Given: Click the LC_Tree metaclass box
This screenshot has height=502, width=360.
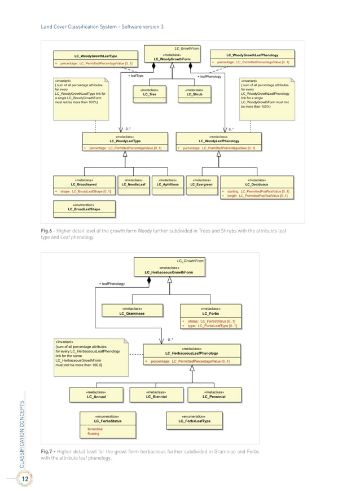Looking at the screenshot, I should (x=150, y=93).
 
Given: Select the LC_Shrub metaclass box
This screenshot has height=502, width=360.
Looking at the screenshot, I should (x=194, y=93).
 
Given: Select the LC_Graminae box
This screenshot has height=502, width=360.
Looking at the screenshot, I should (x=133, y=311).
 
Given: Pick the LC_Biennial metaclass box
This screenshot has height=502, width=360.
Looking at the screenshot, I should (x=156, y=394).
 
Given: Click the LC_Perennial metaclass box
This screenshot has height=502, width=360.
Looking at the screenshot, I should (x=214, y=394).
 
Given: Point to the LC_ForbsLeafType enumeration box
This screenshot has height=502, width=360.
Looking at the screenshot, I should (x=195, y=419).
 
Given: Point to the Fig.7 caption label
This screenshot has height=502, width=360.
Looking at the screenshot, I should (x=48, y=452).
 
